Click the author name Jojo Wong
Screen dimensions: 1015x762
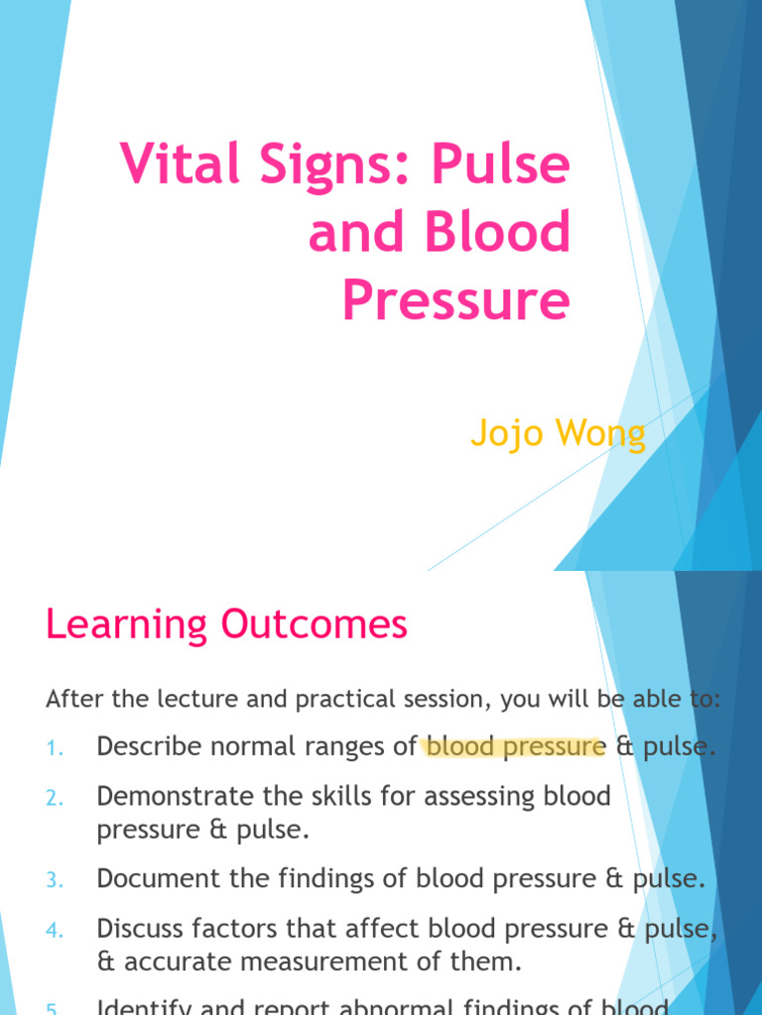click(558, 433)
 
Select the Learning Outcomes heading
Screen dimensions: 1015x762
click(226, 624)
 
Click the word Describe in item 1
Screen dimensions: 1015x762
click(141, 746)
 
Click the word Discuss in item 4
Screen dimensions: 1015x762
click(134, 929)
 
